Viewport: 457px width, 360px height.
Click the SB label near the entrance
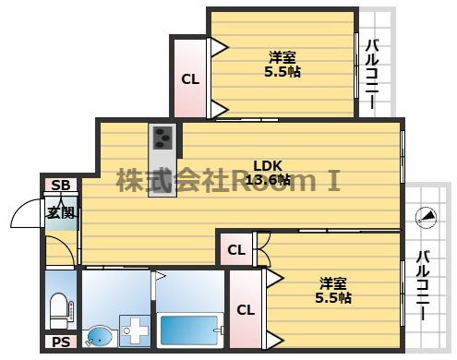pos(61,185)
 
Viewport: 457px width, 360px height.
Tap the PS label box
pos(61,342)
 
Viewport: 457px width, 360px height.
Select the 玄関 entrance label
pos(61,212)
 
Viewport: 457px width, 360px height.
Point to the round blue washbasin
pos(100,336)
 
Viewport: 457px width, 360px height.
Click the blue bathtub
pos(189,330)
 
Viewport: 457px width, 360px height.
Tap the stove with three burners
pos(162,138)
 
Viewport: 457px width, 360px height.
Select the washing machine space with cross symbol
pos(135,330)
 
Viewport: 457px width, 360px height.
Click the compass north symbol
pos(426,218)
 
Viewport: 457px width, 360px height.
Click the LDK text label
pos(268,166)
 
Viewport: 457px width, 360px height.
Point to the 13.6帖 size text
pos(268,179)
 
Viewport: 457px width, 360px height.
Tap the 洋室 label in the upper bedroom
pos(283,57)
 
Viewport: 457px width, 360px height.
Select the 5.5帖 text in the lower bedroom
pos(333,297)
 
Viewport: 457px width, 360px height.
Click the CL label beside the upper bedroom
pos(190,79)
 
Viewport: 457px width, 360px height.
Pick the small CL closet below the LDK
pos(236,249)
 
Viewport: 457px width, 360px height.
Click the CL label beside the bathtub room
pos(246,310)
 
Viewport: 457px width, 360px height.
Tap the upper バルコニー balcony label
pos(372,74)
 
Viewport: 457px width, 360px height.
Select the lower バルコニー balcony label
pos(423,285)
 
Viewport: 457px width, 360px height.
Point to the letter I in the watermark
pos(333,181)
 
